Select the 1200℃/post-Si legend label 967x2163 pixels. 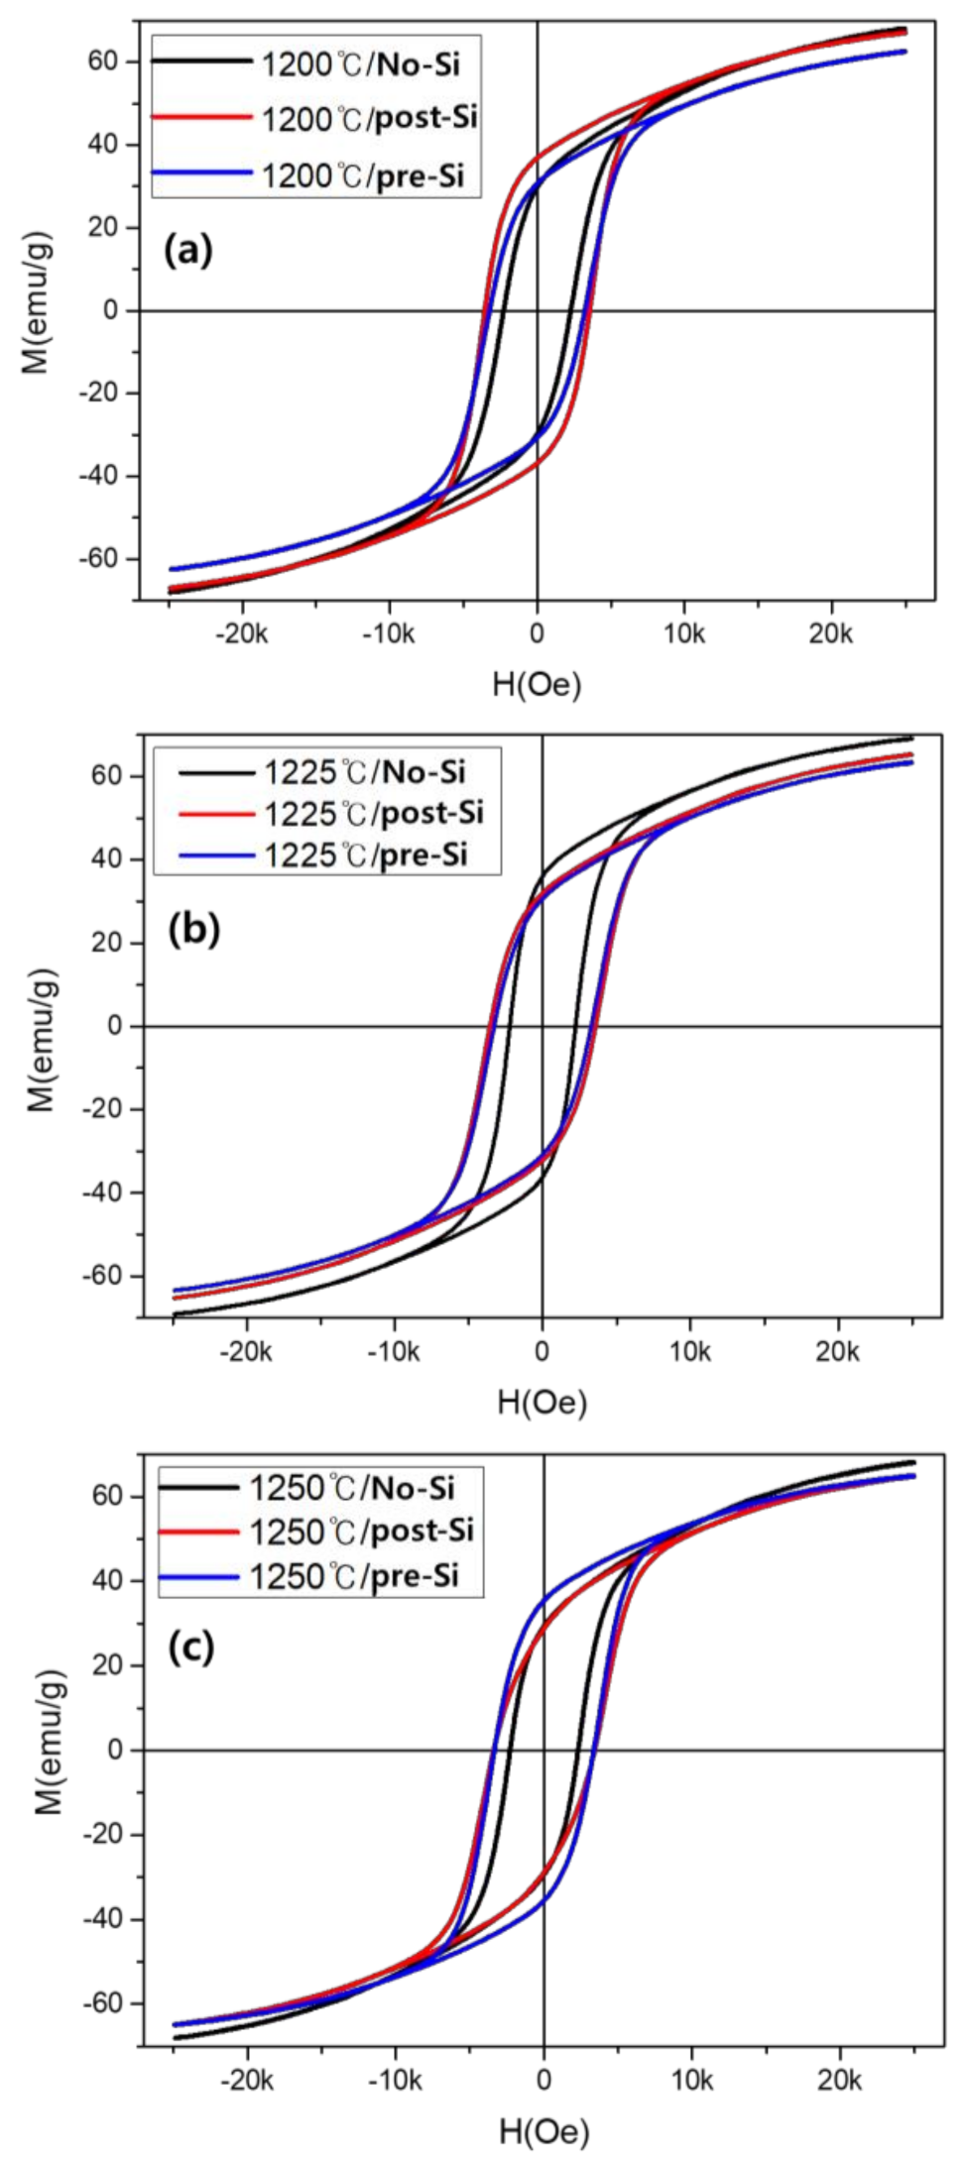pyautogui.click(x=369, y=119)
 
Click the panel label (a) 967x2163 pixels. pyautogui.click(x=188, y=250)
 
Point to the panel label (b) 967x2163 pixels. pyautogui.click(x=194, y=929)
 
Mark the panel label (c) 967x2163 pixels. pyautogui.click(x=190, y=1647)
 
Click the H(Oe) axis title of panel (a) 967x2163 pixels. pyautogui.click(x=537, y=684)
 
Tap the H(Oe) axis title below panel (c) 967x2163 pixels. pyautogui.click(x=544, y=2131)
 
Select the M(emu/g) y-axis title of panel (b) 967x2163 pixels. pyautogui.click(x=41, y=1040)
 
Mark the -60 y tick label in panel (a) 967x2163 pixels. pyautogui.click(x=97, y=559)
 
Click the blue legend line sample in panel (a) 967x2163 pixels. pyautogui.click(x=202, y=173)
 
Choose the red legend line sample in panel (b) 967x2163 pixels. pyautogui.click(x=216, y=814)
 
